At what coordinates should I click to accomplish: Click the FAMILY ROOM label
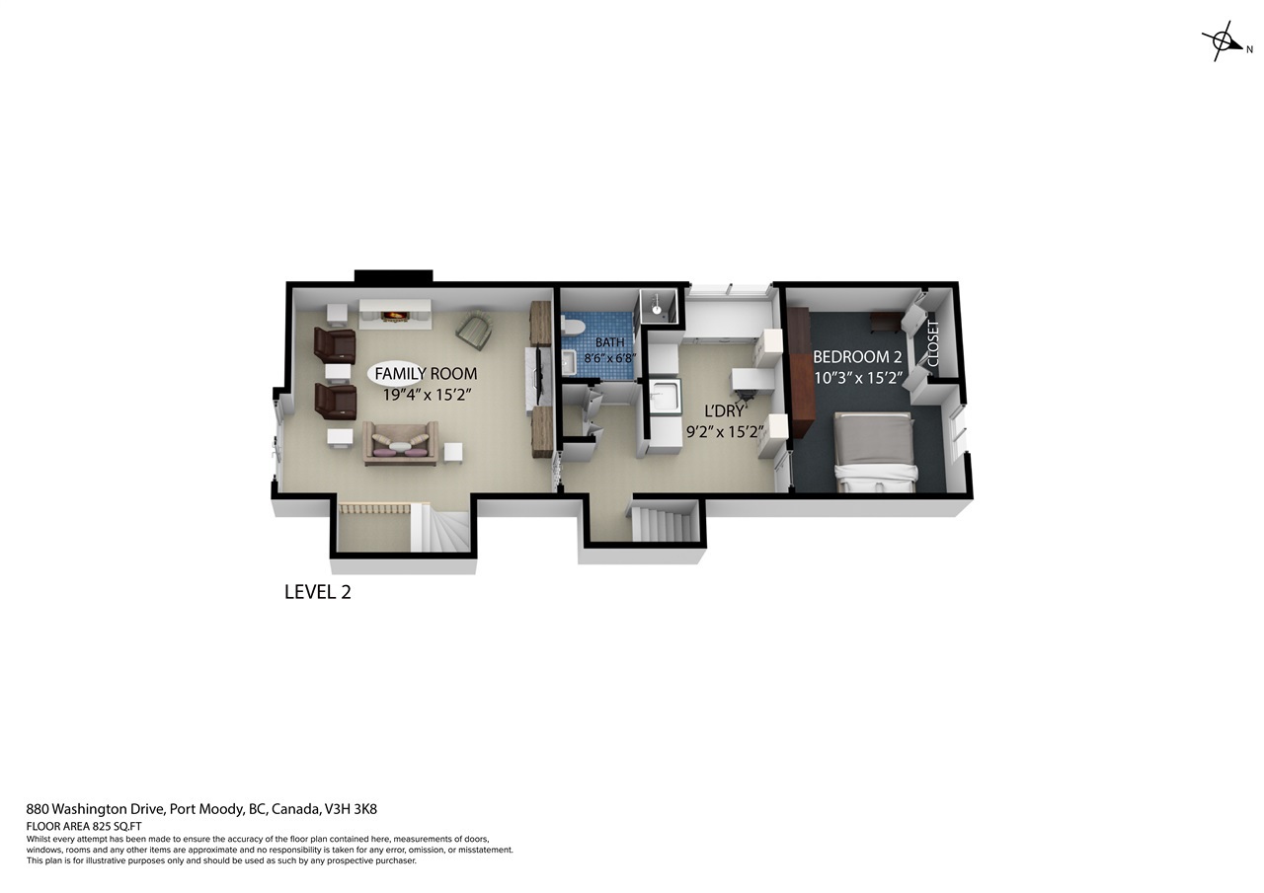click(426, 374)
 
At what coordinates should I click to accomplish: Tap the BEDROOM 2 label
click(857, 357)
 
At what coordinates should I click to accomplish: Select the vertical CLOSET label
click(933, 343)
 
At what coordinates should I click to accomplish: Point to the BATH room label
click(610, 342)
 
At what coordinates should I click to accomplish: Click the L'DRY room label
click(724, 410)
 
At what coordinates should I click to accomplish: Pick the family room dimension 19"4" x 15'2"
click(427, 395)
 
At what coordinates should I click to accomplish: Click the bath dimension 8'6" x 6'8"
click(610, 357)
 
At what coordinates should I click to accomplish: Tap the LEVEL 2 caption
click(318, 592)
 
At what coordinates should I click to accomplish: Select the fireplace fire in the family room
click(394, 316)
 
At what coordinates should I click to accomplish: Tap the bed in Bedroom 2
click(874, 452)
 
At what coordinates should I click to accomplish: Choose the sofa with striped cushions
click(400, 443)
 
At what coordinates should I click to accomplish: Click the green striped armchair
click(475, 330)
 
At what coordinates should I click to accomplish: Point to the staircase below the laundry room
click(663, 523)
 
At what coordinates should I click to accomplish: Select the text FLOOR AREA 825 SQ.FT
click(84, 827)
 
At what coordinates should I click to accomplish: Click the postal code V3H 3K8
click(351, 809)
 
